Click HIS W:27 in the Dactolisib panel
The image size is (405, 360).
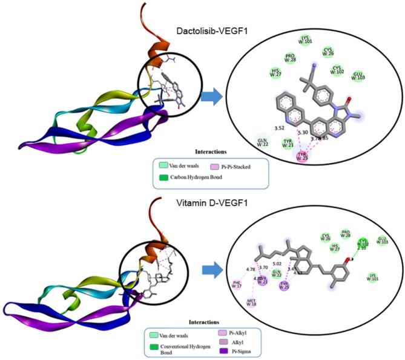point(276,73)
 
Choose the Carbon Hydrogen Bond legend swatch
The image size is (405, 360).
point(164,178)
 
